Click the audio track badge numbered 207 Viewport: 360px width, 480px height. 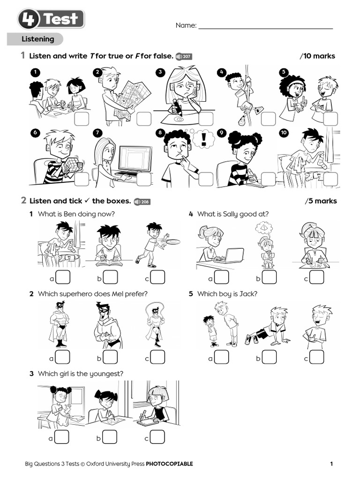(x=184, y=57)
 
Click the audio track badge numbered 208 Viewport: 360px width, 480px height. (x=142, y=202)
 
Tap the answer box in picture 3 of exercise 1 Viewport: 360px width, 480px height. (x=205, y=119)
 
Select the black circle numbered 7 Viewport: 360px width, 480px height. (x=97, y=133)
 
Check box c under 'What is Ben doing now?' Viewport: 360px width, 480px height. (x=157, y=277)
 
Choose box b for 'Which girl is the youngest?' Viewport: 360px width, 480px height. (x=110, y=437)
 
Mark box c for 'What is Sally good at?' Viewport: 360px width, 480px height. (x=317, y=277)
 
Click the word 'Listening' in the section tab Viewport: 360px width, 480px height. (x=38, y=39)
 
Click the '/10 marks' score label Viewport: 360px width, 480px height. (x=317, y=56)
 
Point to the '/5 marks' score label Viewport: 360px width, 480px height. (x=321, y=201)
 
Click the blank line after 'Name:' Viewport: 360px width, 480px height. (x=265, y=26)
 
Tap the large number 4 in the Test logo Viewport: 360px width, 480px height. (x=29, y=19)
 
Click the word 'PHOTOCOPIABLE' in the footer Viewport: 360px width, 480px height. (x=169, y=464)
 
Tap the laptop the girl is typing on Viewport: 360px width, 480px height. (x=233, y=255)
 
